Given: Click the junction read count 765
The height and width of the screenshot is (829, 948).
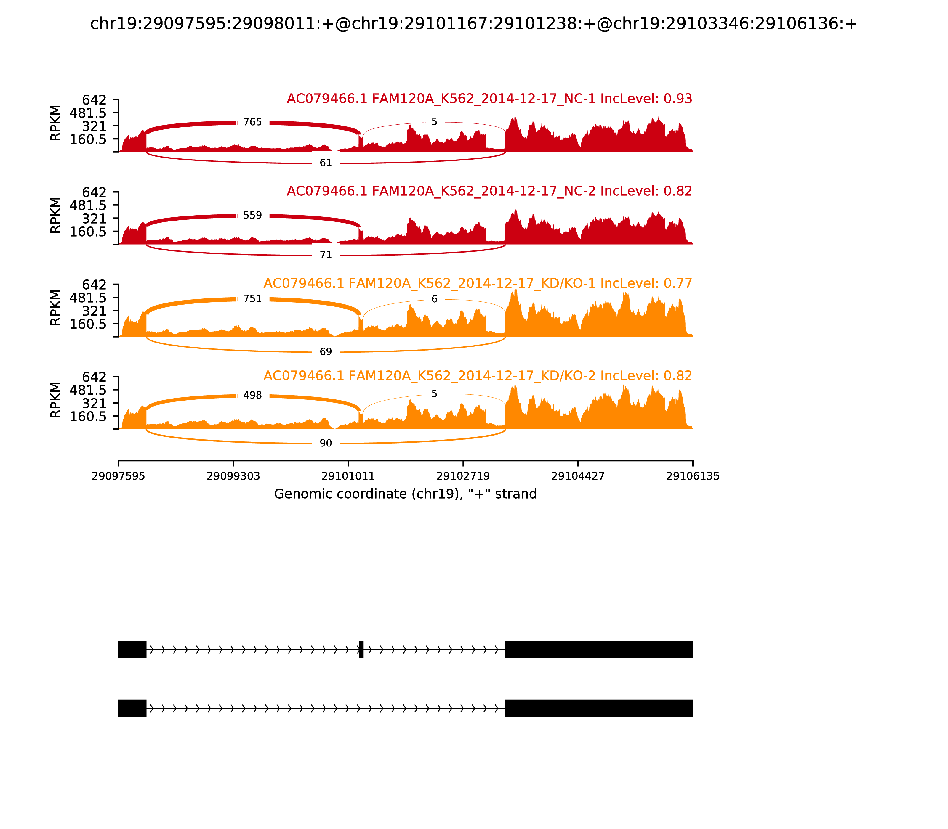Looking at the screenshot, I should coord(252,122).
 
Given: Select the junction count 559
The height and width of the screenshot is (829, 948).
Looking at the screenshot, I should coord(252,215).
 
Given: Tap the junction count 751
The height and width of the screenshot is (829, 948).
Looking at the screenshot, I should coord(252,299).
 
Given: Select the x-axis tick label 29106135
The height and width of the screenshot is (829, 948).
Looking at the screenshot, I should coord(693,476).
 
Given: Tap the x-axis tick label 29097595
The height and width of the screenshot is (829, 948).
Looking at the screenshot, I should coord(118,476).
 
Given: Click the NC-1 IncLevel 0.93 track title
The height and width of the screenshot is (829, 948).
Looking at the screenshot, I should coord(489,99).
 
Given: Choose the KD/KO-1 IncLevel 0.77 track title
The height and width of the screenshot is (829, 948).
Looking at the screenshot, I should coord(477,284).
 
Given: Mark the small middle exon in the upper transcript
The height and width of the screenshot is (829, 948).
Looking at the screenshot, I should coord(361,650).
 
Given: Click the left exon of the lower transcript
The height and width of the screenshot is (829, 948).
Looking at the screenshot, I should coord(132,708).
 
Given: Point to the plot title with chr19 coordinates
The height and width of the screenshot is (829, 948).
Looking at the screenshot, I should coord(473,24).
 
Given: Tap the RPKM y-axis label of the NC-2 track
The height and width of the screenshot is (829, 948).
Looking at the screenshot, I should coord(55,215).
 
